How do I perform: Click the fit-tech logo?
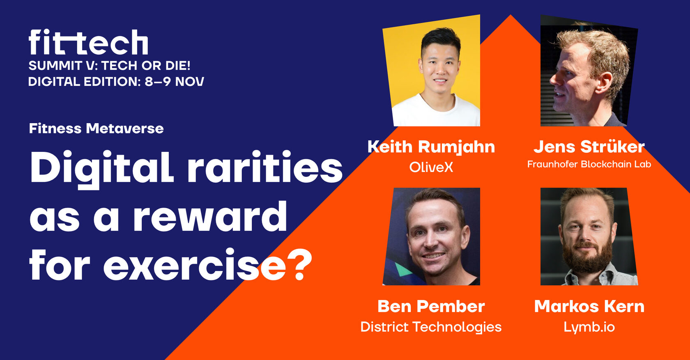88,42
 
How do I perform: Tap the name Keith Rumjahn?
431,147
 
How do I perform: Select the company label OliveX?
431,167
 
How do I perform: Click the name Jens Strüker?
589,147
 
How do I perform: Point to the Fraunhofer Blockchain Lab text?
589,164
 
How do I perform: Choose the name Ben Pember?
431,306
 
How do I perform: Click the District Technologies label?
431,327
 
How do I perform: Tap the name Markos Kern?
589,306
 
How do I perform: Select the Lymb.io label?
589,327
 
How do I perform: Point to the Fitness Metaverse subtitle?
96,128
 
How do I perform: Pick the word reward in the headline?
210,215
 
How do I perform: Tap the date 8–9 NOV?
174,82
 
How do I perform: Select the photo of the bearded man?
589,236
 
